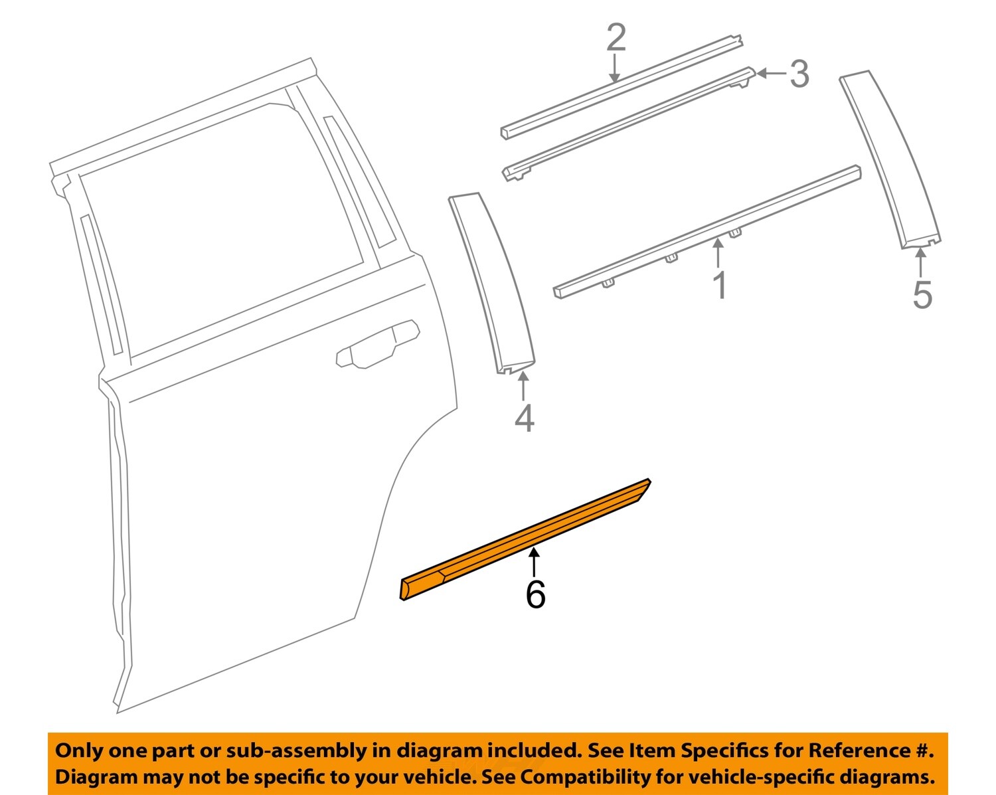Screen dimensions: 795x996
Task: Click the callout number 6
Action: (535, 594)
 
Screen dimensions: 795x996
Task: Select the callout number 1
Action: (719, 285)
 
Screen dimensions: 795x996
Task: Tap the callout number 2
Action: (616, 38)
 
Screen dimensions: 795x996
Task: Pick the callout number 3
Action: (799, 73)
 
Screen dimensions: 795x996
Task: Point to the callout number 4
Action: (524, 418)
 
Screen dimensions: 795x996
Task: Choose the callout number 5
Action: (922, 294)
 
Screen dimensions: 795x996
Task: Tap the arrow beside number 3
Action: (770, 73)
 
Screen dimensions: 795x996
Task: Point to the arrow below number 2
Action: (616, 69)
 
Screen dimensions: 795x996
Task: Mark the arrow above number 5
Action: (921, 262)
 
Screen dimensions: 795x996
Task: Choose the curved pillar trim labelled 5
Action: (890, 160)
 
